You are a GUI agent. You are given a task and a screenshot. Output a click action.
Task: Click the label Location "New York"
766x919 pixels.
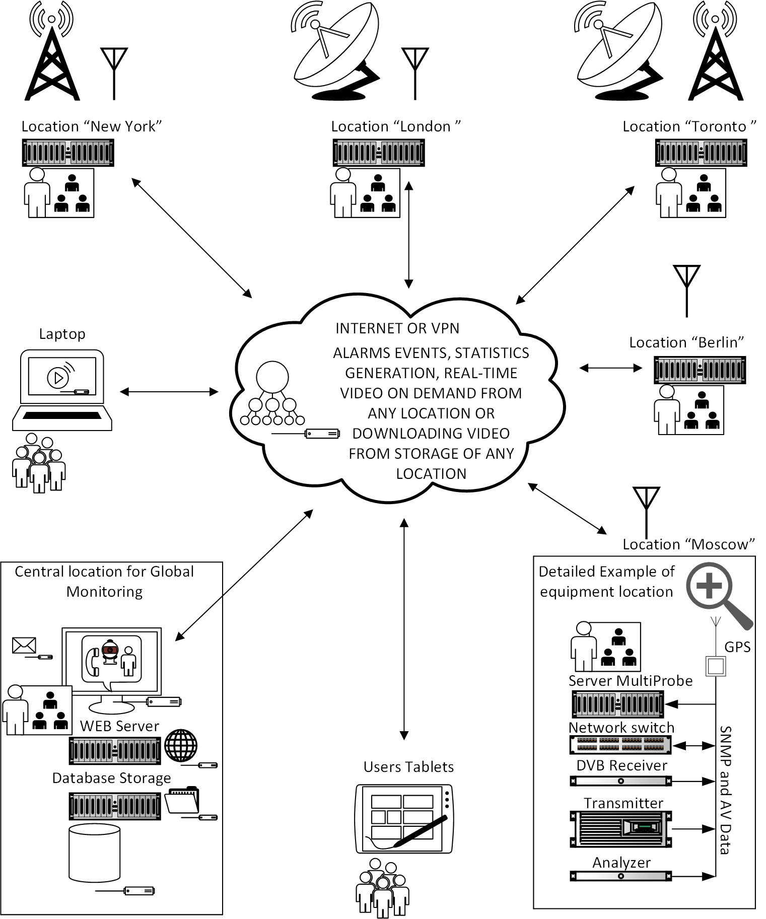pos(92,126)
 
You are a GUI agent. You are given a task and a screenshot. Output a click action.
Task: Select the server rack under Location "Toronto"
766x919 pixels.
pos(701,153)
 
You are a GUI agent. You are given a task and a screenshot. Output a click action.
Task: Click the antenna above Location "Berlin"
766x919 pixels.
pos(687,291)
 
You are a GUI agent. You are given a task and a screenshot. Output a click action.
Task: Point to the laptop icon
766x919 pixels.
pos(62,390)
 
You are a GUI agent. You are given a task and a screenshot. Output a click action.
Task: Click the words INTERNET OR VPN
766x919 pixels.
pos(397,328)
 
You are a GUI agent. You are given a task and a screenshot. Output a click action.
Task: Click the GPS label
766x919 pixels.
pos(737,647)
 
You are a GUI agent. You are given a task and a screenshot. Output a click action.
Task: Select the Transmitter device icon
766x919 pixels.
pos(620,828)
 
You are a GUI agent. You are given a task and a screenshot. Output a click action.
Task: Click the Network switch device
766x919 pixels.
pos(620,745)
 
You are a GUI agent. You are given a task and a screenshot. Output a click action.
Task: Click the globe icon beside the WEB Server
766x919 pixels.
pos(181,745)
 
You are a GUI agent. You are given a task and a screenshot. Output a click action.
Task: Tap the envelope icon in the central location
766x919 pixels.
pos(24,645)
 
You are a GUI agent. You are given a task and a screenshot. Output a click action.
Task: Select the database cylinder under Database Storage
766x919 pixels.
pos(94,853)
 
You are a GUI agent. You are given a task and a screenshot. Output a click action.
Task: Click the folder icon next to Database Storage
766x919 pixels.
pos(182,800)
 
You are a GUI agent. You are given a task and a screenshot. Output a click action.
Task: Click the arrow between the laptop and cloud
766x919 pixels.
pos(169,391)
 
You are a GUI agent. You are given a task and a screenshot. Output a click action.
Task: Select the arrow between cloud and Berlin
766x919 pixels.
pos(610,368)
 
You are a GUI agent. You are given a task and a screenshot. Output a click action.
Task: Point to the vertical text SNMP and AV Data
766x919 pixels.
pos(725,790)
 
